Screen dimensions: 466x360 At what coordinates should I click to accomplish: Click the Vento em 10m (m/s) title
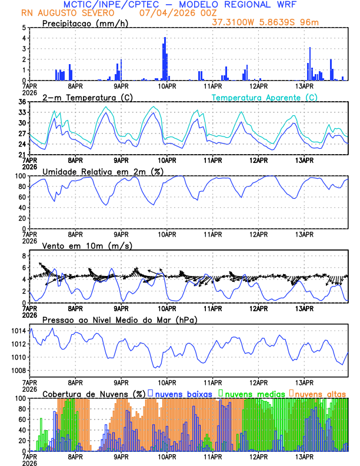[x=87, y=245]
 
